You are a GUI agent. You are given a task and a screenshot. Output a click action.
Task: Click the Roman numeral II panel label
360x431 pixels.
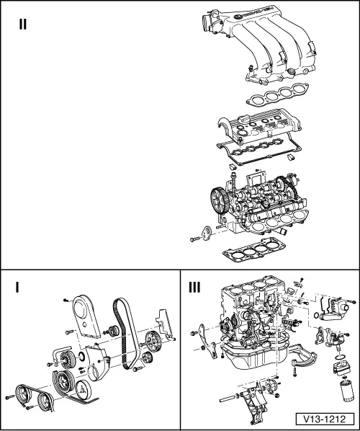[x=23, y=25]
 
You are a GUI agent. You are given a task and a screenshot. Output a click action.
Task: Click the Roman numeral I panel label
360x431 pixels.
[x=17, y=288]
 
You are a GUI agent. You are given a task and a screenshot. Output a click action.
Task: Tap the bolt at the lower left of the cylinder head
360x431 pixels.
[x=197, y=238]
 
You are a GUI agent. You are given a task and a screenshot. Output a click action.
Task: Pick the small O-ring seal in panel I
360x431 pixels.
[x=81, y=355]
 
